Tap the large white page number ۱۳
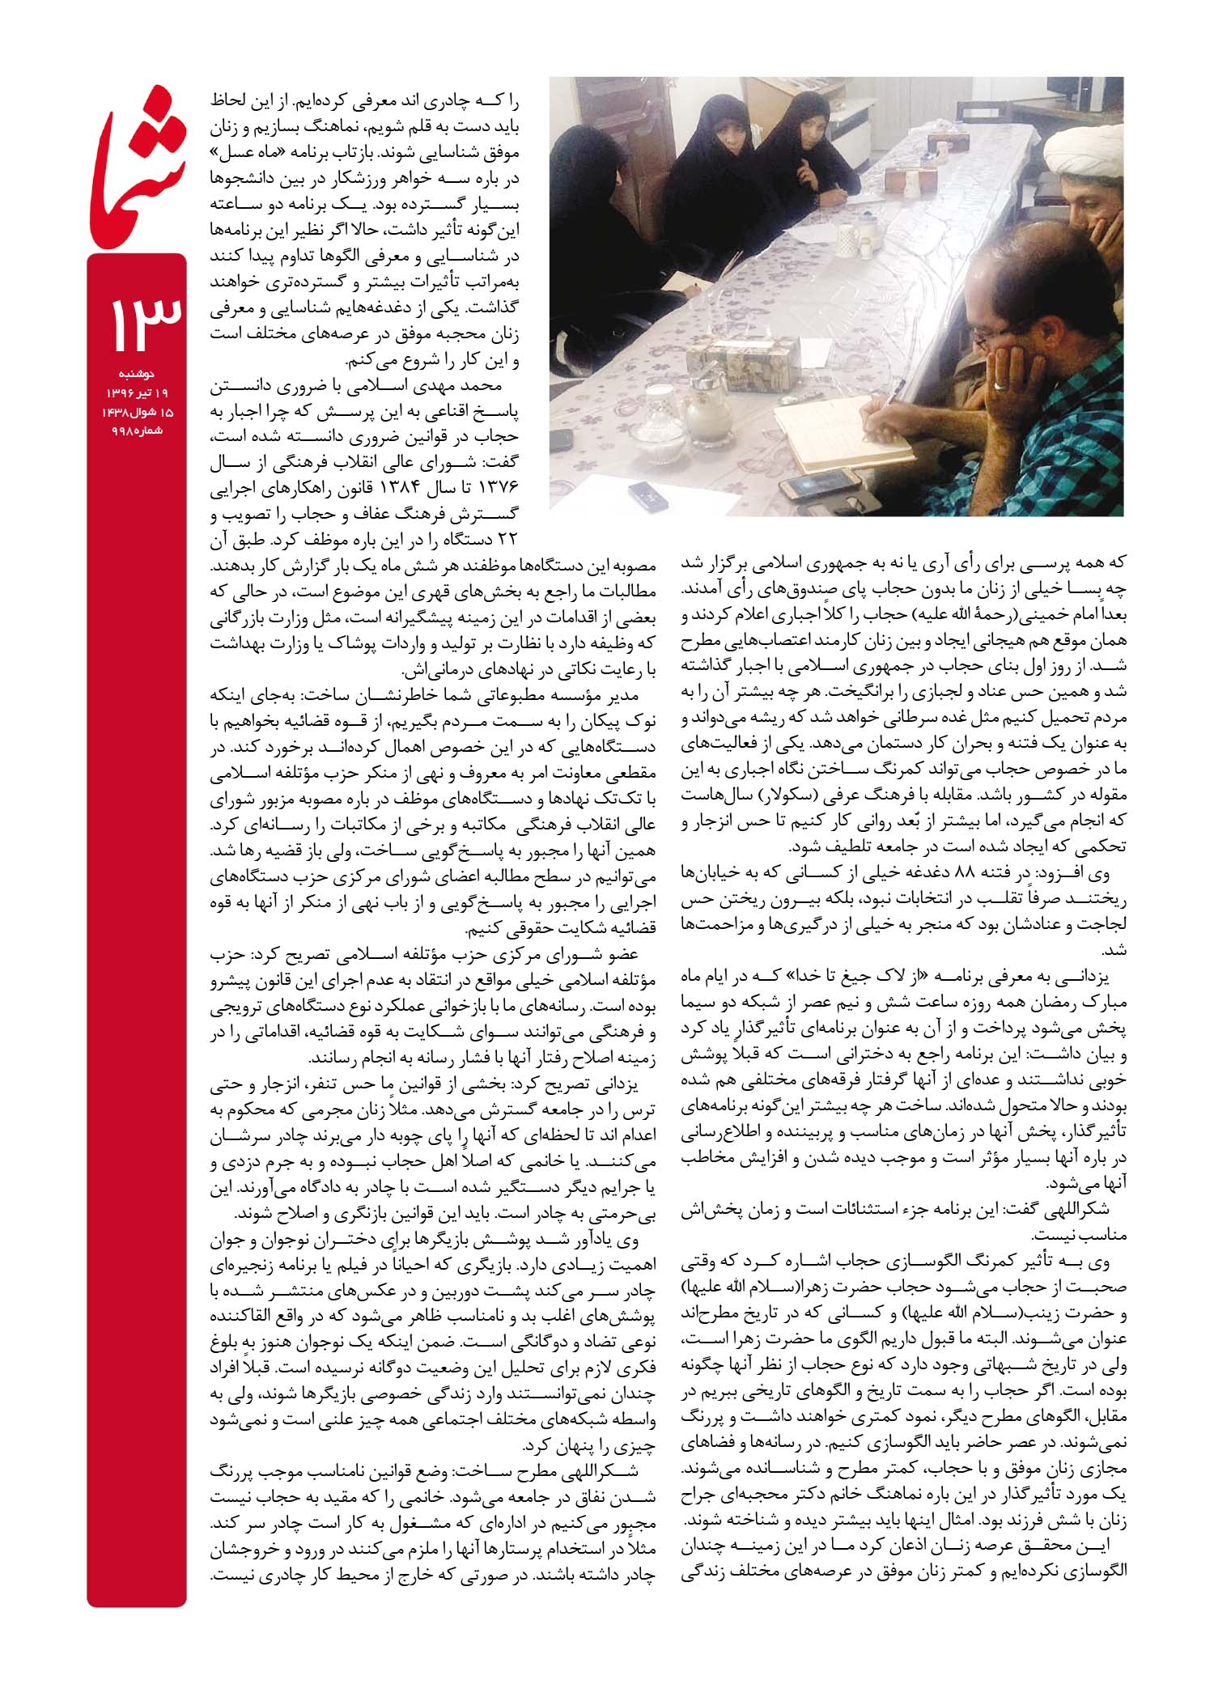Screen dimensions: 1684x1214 (x=137, y=320)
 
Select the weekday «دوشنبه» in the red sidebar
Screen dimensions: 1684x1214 (x=137, y=374)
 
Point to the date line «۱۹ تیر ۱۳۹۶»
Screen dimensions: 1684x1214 (x=137, y=392)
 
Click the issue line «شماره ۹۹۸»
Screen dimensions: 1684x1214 (x=137, y=430)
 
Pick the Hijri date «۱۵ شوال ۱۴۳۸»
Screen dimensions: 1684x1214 (x=137, y=411)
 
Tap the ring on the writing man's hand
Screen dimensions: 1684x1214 (x=1002, y=387)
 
